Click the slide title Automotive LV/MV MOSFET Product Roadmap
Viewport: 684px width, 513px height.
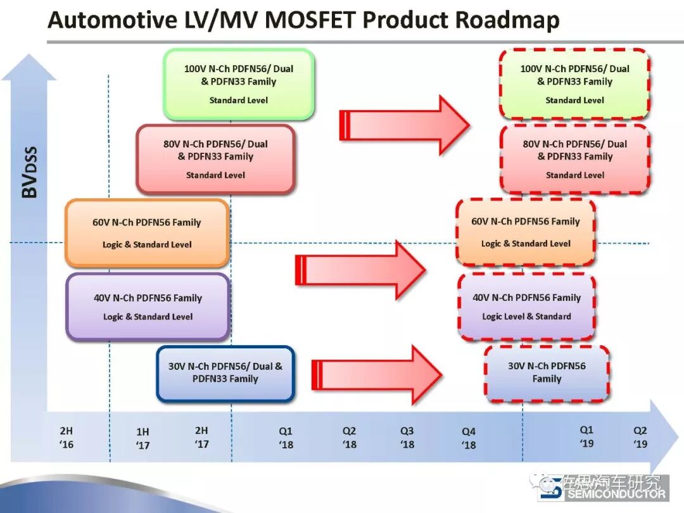tap(304, 21)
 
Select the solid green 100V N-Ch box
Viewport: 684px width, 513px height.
tap(239, 84)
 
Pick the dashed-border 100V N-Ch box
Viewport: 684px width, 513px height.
tap(574, 84)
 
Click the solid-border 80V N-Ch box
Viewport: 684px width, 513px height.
tap(215, 159)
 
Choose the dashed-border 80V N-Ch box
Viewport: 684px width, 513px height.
tap(574, 159)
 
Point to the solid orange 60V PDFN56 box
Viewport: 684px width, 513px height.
tap(147, 232)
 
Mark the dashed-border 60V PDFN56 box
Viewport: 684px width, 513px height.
tap(526, 232)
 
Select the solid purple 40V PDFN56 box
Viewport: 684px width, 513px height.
tap(148, 307)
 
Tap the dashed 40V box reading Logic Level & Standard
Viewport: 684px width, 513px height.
tap(526, 307)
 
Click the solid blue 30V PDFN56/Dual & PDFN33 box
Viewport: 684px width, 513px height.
tap(225, 373)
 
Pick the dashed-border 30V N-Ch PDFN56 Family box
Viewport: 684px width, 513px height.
tap(547, 372)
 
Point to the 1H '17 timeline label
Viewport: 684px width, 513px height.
tap(143, 438)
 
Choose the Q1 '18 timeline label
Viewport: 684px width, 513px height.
tap(286, 438)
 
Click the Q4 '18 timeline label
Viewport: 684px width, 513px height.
tap(469, 438)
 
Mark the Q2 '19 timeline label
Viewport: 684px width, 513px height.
tap(641, 436)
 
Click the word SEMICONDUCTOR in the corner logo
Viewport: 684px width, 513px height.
tap(616, 495)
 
